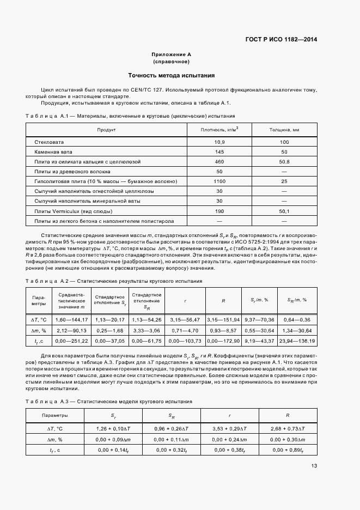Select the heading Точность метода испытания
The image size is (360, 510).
pos(171,75)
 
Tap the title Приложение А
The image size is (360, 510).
pos(171,54)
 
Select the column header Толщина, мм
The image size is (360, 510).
pos(284,130)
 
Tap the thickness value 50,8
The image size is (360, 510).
pos(284,162)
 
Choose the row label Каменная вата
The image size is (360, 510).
pos(53,151)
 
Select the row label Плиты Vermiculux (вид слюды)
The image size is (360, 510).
pos(74,211)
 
